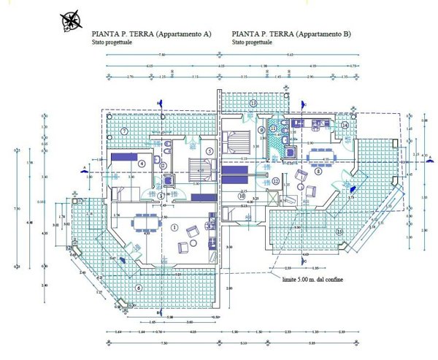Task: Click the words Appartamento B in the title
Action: click(324, 34)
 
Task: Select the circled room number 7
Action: click(125, 131)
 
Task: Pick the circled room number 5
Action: click(209, 151)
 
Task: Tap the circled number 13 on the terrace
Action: click(253, 104)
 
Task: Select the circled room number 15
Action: click(339, 232)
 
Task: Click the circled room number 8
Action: click(318, 172)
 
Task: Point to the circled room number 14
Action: click(345, 125)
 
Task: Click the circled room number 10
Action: click(242, 196)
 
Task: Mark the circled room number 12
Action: click(275, 181)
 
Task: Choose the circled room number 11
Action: click(273, 129)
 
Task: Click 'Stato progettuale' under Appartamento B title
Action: click(253, 42)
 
